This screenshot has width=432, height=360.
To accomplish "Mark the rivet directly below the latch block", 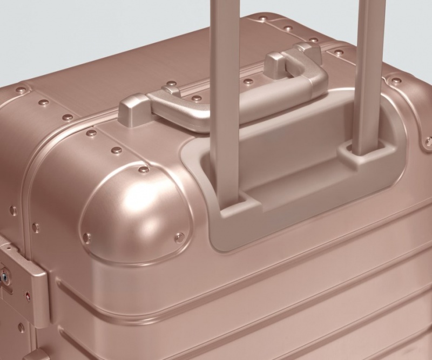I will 21,328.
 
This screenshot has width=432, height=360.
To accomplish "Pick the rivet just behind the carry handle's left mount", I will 172,84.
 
